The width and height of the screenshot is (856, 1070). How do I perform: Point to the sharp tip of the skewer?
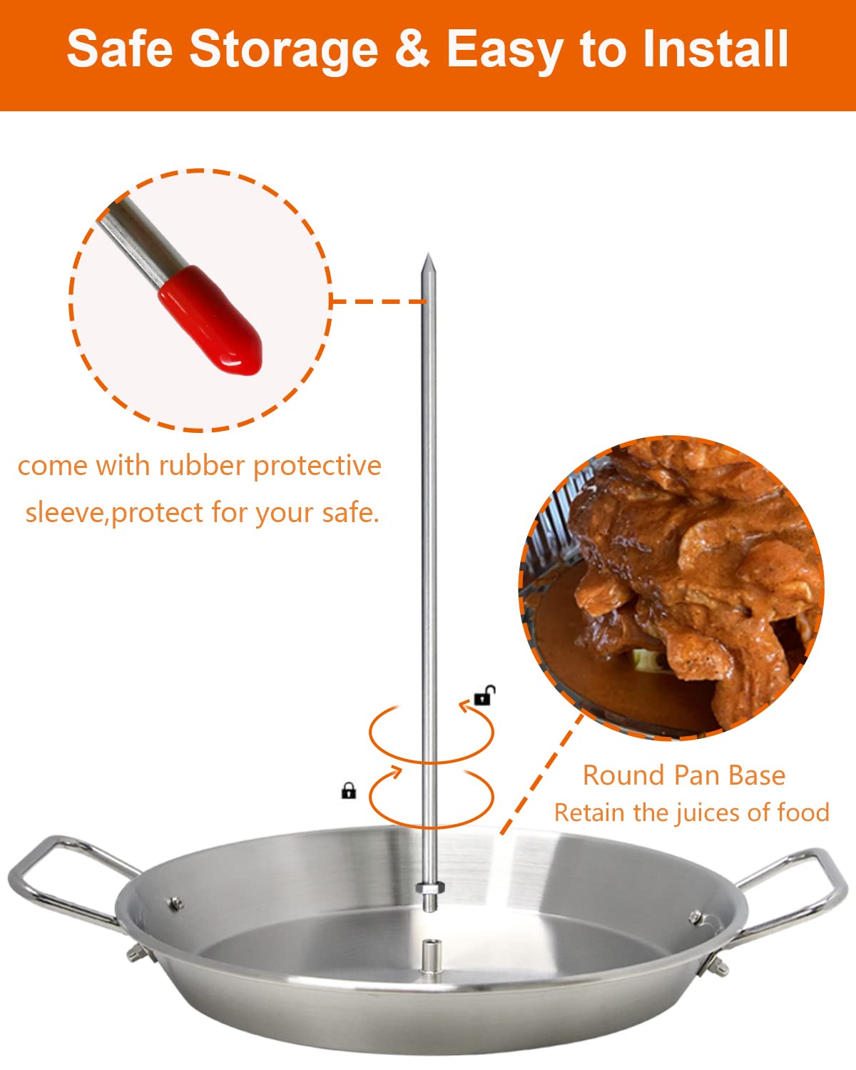[427, 258]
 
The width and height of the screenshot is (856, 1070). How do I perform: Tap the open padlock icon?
[484, 695]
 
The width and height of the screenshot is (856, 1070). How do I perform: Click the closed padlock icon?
[348, 790]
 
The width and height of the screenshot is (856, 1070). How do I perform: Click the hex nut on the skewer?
[429, 889]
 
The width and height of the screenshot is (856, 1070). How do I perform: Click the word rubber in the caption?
[202, 466]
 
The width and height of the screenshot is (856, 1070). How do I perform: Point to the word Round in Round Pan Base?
[616, 775]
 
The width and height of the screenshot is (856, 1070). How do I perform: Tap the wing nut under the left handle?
[136, 954]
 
